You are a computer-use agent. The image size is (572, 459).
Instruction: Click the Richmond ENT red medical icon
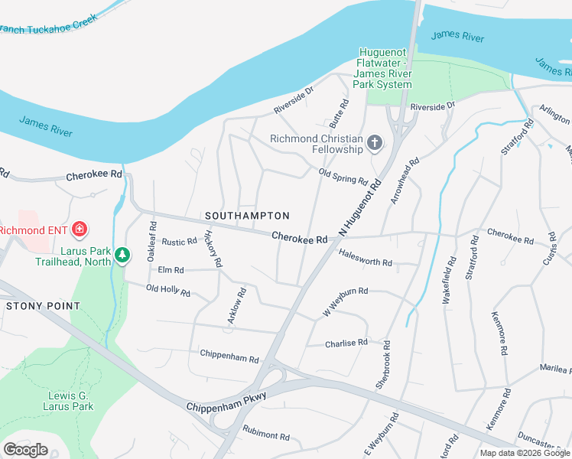pyautogui.click(x=80, y=229)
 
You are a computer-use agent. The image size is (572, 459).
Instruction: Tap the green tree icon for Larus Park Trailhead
pyautogui.click(x=122, y=253)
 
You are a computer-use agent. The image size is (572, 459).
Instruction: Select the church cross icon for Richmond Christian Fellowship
pyautogui.click(x=374, y=142)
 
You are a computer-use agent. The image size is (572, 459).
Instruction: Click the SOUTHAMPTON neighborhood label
pyautogui.click(x=247, y=216)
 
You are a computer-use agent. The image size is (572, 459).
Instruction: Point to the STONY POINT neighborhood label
pyautogui.click(x=43, y=306)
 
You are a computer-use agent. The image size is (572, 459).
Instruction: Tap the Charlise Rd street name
pyautogui.click(x=346, y=343)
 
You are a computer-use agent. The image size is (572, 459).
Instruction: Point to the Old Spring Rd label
pyautogui.click(x=343, y=178)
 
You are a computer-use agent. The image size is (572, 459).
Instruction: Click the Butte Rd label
pyautogui.click(x=338, y=112)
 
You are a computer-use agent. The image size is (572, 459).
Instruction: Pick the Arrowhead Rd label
pyautogui.click(x=405, y=181)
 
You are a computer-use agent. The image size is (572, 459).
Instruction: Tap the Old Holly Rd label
pyautogui.click(x=167, y=291)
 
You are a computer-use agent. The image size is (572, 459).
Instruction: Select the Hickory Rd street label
pyautogui.click(x=213, y=249)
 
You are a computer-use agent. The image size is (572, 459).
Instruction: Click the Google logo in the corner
pyautogui.click(x=26, y=449)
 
